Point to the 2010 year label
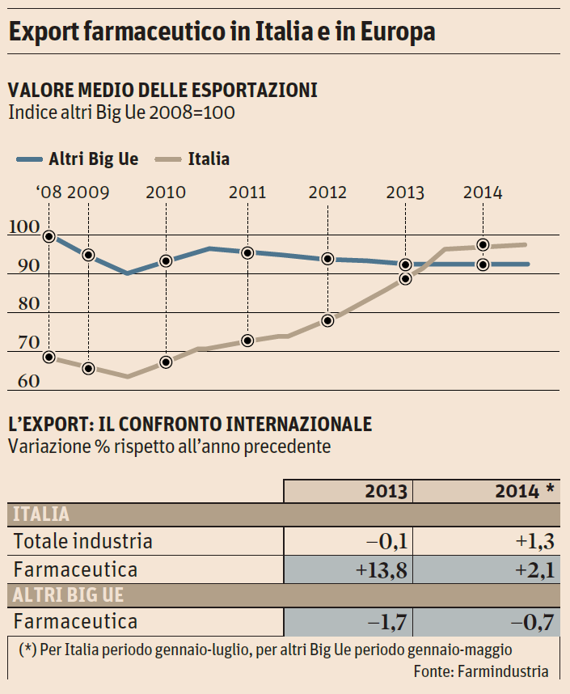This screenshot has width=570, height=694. click(x=166, y=193)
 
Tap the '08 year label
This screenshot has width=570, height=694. click(x=48, y=193)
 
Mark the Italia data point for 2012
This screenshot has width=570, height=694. click(x=327, y=320)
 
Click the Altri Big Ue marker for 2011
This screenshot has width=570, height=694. click(x=247, y=252)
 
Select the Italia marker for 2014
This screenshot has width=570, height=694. click(x=483, y=245)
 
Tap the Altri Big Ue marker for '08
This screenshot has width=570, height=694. click(x=49, y=237)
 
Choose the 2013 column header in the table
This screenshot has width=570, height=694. click(x=386, y=491)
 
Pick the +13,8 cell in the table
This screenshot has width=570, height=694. click(x=380, y=569)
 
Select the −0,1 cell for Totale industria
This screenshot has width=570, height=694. click(x=385, y=541)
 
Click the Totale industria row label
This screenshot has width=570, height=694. click(x=83, y=541)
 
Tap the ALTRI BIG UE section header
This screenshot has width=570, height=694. click(x=68, y=595)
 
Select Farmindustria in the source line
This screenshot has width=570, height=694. click(x=503, y=671)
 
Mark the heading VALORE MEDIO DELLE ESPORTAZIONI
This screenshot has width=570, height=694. click(x=162, y=90)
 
